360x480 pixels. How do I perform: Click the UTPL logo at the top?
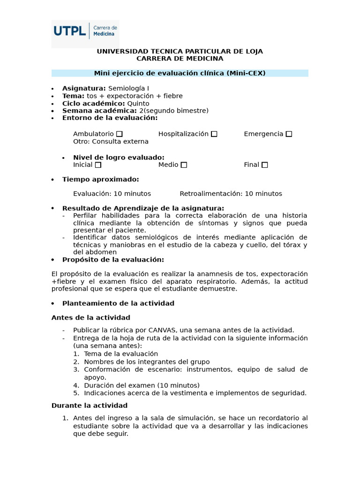coord(85,34)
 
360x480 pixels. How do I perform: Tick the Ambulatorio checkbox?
coord(120,134)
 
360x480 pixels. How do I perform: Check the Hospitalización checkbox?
coord(214,134)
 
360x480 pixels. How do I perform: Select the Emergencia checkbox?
coord(289,134)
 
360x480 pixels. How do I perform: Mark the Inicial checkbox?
coord(98,165)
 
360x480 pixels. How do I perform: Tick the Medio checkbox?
coord(184,165)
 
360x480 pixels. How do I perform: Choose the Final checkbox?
coord(265,165)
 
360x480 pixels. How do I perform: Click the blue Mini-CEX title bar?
coord(180,73)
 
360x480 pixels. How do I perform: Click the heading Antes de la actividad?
coord(90,318)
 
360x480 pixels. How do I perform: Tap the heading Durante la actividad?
coord(89,405)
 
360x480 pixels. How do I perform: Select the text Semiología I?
coord(128,88)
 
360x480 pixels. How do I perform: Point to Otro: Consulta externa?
coord(111,142)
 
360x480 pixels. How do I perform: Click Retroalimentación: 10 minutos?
coord(231,194)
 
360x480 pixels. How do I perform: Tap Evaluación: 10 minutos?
coord(112,194)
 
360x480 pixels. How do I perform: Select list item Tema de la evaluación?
coord(121,354)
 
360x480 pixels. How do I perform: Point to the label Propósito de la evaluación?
coord(113,260)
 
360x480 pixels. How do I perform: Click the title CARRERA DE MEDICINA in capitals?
coord(180,59)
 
